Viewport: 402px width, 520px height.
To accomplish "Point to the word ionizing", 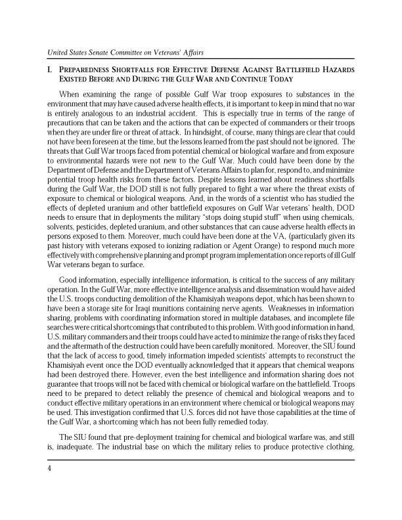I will (x=181, y=236).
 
